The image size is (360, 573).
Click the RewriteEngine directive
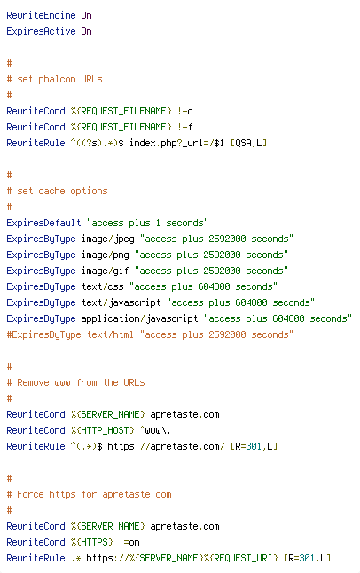[x=41, y=15]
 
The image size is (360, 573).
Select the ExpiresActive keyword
[x=41, y=31]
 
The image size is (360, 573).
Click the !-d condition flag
[x=185, y=111]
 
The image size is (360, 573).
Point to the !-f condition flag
[x=185, y=127]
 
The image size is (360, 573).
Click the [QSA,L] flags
[x=248, y=143]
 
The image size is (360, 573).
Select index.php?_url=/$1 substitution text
[x=176, y=143]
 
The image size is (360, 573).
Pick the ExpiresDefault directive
[x=43, y=223]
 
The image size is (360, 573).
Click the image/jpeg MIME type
[x=108, y=239]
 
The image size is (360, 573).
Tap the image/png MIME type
[x=106, y=255]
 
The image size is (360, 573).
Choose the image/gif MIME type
[x=106, y=271]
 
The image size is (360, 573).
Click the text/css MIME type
[x=102, y=286]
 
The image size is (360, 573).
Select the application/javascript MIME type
[x=139, y=319]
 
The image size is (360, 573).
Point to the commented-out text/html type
[x=110, y=334]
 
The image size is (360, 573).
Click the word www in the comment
[x=62, y=382]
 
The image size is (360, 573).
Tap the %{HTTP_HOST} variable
[x=102, y=430]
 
